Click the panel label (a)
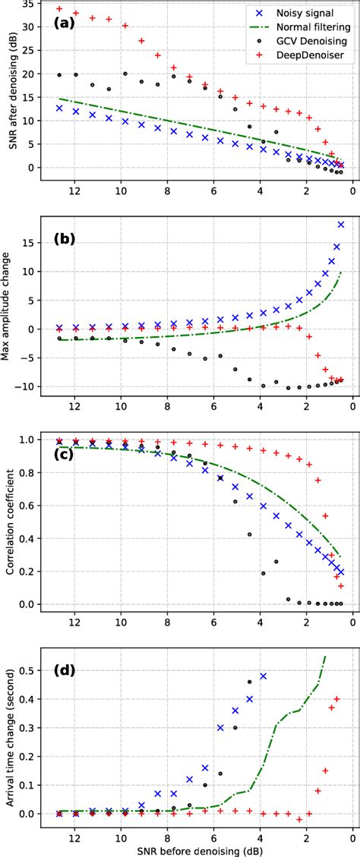coord(65,22)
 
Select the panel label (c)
coord(65,454)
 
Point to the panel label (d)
coord(65,670)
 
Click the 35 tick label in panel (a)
coord(29,4)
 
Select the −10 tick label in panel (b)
coord(26,386)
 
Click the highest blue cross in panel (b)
coord(341,225)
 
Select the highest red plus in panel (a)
coord(59,8)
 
